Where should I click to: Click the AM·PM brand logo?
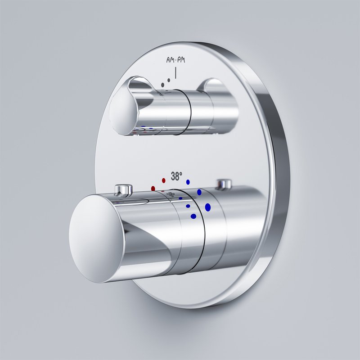[175, 60]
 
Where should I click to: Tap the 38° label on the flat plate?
[176, 176]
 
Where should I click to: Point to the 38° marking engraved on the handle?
[171, 195]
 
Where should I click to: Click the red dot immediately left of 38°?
[164, 180]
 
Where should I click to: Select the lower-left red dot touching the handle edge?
[153, 189]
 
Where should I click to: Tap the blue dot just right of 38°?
[188, 182]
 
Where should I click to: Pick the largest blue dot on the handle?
[208, 207]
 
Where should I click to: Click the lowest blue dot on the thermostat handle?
[193, 216]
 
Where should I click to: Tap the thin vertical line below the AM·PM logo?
[175, 73]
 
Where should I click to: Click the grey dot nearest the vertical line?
[169, 80]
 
